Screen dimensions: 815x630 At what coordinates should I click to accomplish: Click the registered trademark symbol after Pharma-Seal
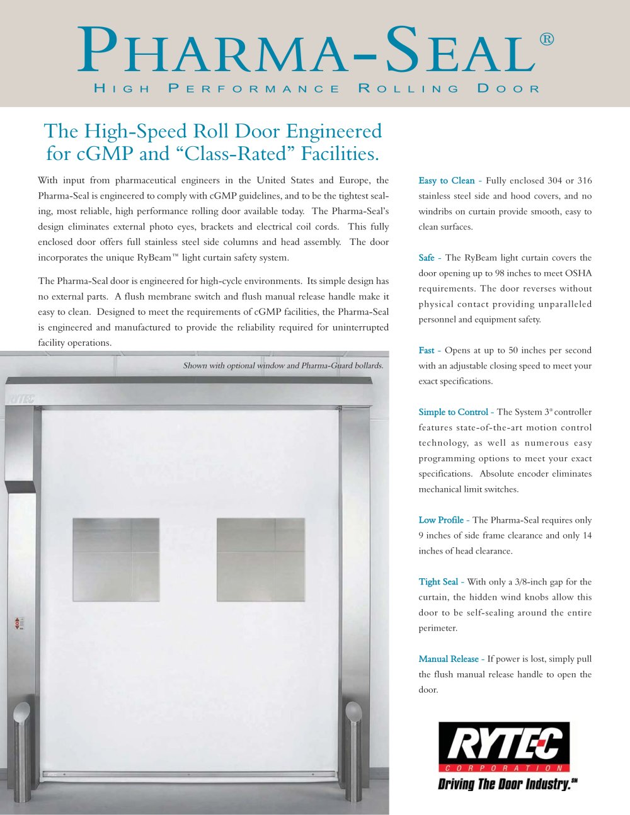pyautogui.click(x=547, y=40)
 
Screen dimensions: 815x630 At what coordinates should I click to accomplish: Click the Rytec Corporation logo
pyautogui.click(x=503, y=747)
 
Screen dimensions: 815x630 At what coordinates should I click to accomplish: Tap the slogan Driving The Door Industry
pyautogui.click(x=507, y=784)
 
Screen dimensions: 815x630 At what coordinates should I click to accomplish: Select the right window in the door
pyautogui.click(x=261, y=551)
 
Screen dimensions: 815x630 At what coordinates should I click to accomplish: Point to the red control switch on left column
pyautogui.click(x=18, y=623)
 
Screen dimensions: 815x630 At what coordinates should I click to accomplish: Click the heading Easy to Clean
pyautogui.click(x=447, y=181)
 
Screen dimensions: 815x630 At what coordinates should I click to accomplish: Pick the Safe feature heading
pyautogui.click(x=427, y=258)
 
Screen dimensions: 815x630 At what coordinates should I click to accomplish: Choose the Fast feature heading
pyautogui.click(x=427, y=350)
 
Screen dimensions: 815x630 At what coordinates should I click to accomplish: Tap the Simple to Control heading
pyautogui.click(x=453, y=412)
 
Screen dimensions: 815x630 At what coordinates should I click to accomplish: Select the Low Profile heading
pyautogui.click(x=441, y=520)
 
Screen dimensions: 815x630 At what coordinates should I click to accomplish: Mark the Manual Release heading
pyautogui.click(x=449, y=659)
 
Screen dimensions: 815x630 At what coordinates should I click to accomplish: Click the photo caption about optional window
pyautogui.click(x=283, y=365)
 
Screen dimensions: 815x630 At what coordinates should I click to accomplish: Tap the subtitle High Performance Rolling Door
pyautogui.click(x=316, y=89)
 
